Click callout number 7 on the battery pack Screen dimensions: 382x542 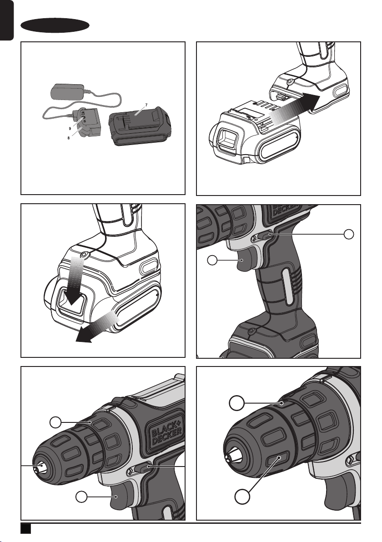click(x=146, y=105)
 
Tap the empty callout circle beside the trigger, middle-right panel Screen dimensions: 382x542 click(x=213, y=261)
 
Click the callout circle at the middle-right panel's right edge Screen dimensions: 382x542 click(x=349, y=234)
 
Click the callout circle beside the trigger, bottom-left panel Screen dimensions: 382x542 click(x=82, y=497)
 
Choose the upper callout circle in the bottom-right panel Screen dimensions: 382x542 click(x=236, y=402)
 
